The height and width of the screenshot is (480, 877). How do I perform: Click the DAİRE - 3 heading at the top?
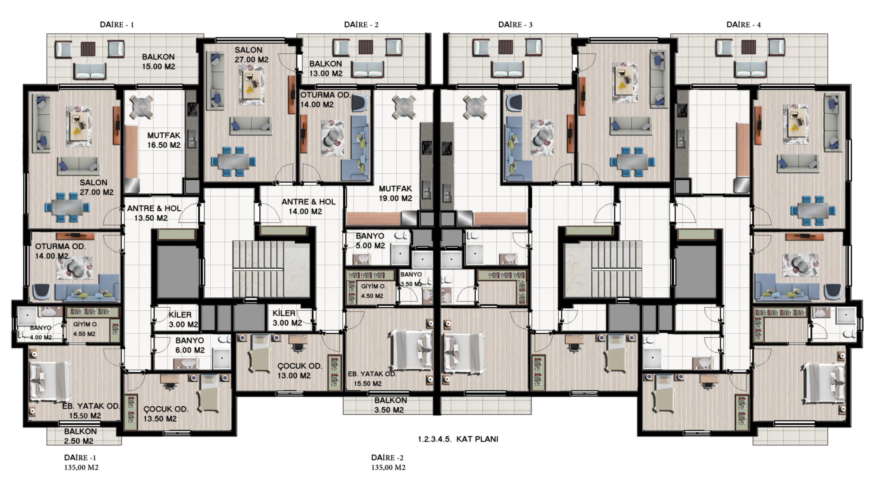515,25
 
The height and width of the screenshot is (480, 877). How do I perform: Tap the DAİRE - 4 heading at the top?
744,25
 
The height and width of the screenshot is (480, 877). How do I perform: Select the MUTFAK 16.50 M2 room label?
164,140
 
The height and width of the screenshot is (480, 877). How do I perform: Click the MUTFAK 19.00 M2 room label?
395,193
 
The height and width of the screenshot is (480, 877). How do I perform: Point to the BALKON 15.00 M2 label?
159,62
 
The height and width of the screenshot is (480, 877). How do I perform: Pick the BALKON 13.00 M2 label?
326,69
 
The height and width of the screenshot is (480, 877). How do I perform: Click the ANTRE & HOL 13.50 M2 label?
154,213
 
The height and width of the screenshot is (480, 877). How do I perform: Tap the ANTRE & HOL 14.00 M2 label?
309,207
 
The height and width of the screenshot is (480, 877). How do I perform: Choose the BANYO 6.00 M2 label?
190,345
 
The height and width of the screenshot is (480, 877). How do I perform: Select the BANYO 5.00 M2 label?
370,241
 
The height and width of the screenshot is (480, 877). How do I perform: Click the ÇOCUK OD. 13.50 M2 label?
166,414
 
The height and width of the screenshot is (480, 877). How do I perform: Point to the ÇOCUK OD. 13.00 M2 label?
300,371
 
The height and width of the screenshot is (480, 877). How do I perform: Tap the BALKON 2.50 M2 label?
81,436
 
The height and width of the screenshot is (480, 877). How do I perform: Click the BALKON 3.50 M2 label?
391,405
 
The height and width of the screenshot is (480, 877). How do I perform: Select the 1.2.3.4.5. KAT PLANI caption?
458,439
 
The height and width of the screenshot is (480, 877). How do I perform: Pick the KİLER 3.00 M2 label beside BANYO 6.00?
183,320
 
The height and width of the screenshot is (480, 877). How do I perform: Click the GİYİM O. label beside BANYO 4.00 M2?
86,324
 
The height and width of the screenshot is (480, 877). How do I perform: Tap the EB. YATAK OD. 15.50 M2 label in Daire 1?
91,411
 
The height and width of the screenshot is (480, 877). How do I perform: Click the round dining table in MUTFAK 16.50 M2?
141,107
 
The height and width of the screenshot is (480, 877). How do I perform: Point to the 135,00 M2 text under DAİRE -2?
388,467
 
